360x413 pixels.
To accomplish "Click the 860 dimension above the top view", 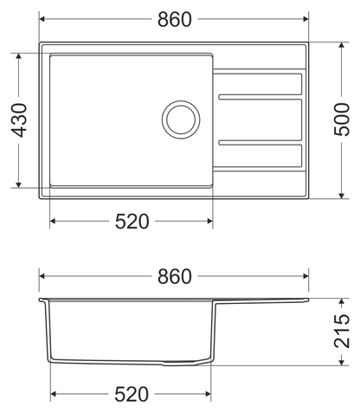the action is coord(175,19).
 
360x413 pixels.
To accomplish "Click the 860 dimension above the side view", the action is coord(175,276).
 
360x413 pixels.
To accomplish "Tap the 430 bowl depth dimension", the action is coord(19,120).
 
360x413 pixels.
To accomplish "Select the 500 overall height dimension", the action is coord(342,119).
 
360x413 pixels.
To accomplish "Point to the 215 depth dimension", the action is coord(342,332).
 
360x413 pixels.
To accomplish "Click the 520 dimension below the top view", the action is coord(132,222).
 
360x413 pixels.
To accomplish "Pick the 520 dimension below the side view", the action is coord(132,394).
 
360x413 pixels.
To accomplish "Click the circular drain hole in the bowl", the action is coord(181,119).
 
